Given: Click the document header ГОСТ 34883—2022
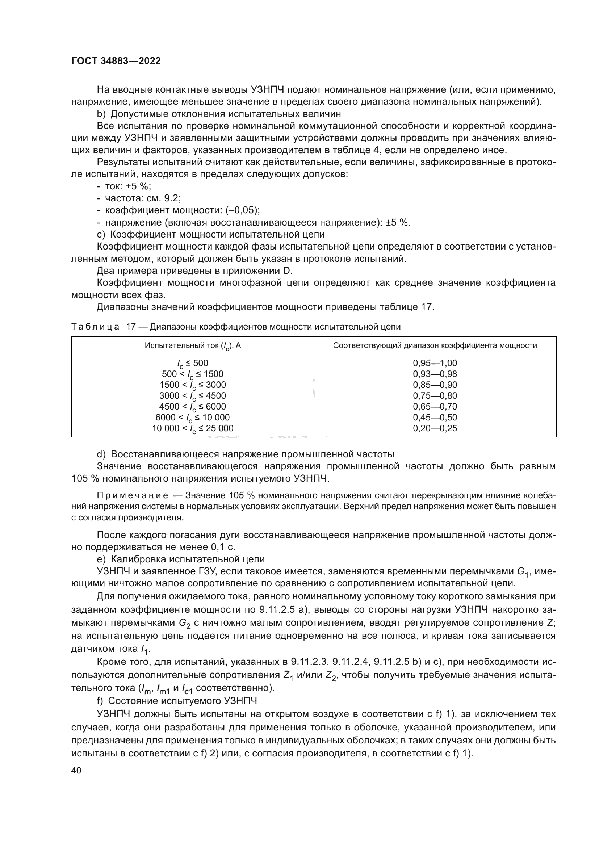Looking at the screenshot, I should pyautogui.click(x=116, y=61).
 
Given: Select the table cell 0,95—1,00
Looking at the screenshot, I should pyautogui.click(x=435, y=363).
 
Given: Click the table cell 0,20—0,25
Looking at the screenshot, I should pyautogui.click(x=435, y=428).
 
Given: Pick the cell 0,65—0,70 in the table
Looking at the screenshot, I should pyautogui.click(x=435, y=407).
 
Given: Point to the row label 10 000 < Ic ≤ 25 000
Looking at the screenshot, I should pyautogui.click(x=193, y=429).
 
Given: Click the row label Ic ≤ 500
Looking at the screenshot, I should pyautogui.click(x=193, y=363).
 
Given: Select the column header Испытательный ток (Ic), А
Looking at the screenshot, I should pyautogui.click(x=193, y=346).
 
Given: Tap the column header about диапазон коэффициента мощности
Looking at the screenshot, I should pyautogui.click(x=435, y=346).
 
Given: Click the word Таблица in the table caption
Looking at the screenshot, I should pyautogui.click(x=95, y=327).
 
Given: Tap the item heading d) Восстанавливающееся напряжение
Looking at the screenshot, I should pyautogui.click(x=245, y=454).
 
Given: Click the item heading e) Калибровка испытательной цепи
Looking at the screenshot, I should pyautogui.click(x=181, y=559).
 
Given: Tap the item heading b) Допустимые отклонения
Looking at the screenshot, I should pyautogui.click(x=219, y=114).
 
